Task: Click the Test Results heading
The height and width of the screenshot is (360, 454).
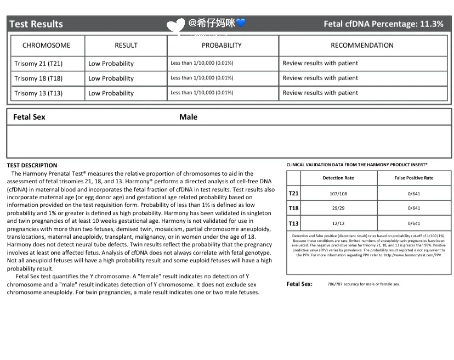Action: click(36, 24)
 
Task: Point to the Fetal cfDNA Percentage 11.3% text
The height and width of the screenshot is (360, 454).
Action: click(383, 24)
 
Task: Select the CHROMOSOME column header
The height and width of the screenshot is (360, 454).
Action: click(47, 46)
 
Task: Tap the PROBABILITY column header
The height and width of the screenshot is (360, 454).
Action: click(222, 46)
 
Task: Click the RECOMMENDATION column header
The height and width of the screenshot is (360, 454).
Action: click(362, 46)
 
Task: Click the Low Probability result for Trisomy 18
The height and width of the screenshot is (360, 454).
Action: click(111, 78)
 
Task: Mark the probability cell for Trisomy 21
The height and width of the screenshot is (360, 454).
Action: click(202, 63)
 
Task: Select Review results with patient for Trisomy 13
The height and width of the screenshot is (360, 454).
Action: click(320, 93)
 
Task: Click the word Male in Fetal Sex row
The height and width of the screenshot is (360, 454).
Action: click(188, 117)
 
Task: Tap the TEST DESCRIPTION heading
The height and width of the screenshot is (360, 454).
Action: click(32, 165)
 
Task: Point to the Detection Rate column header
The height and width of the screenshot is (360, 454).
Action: click(338, 178)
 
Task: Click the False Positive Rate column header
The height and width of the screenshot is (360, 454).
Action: click(414, 178)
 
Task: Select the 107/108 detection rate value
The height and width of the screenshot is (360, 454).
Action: click(338, 193)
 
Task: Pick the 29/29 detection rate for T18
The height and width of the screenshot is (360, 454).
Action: click(338, 209)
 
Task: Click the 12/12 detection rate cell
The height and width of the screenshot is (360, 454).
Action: click(338, 223)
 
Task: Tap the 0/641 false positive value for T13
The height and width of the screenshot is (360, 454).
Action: click(414, 223)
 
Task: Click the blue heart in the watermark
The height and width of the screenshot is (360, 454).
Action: click(241, 23)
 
